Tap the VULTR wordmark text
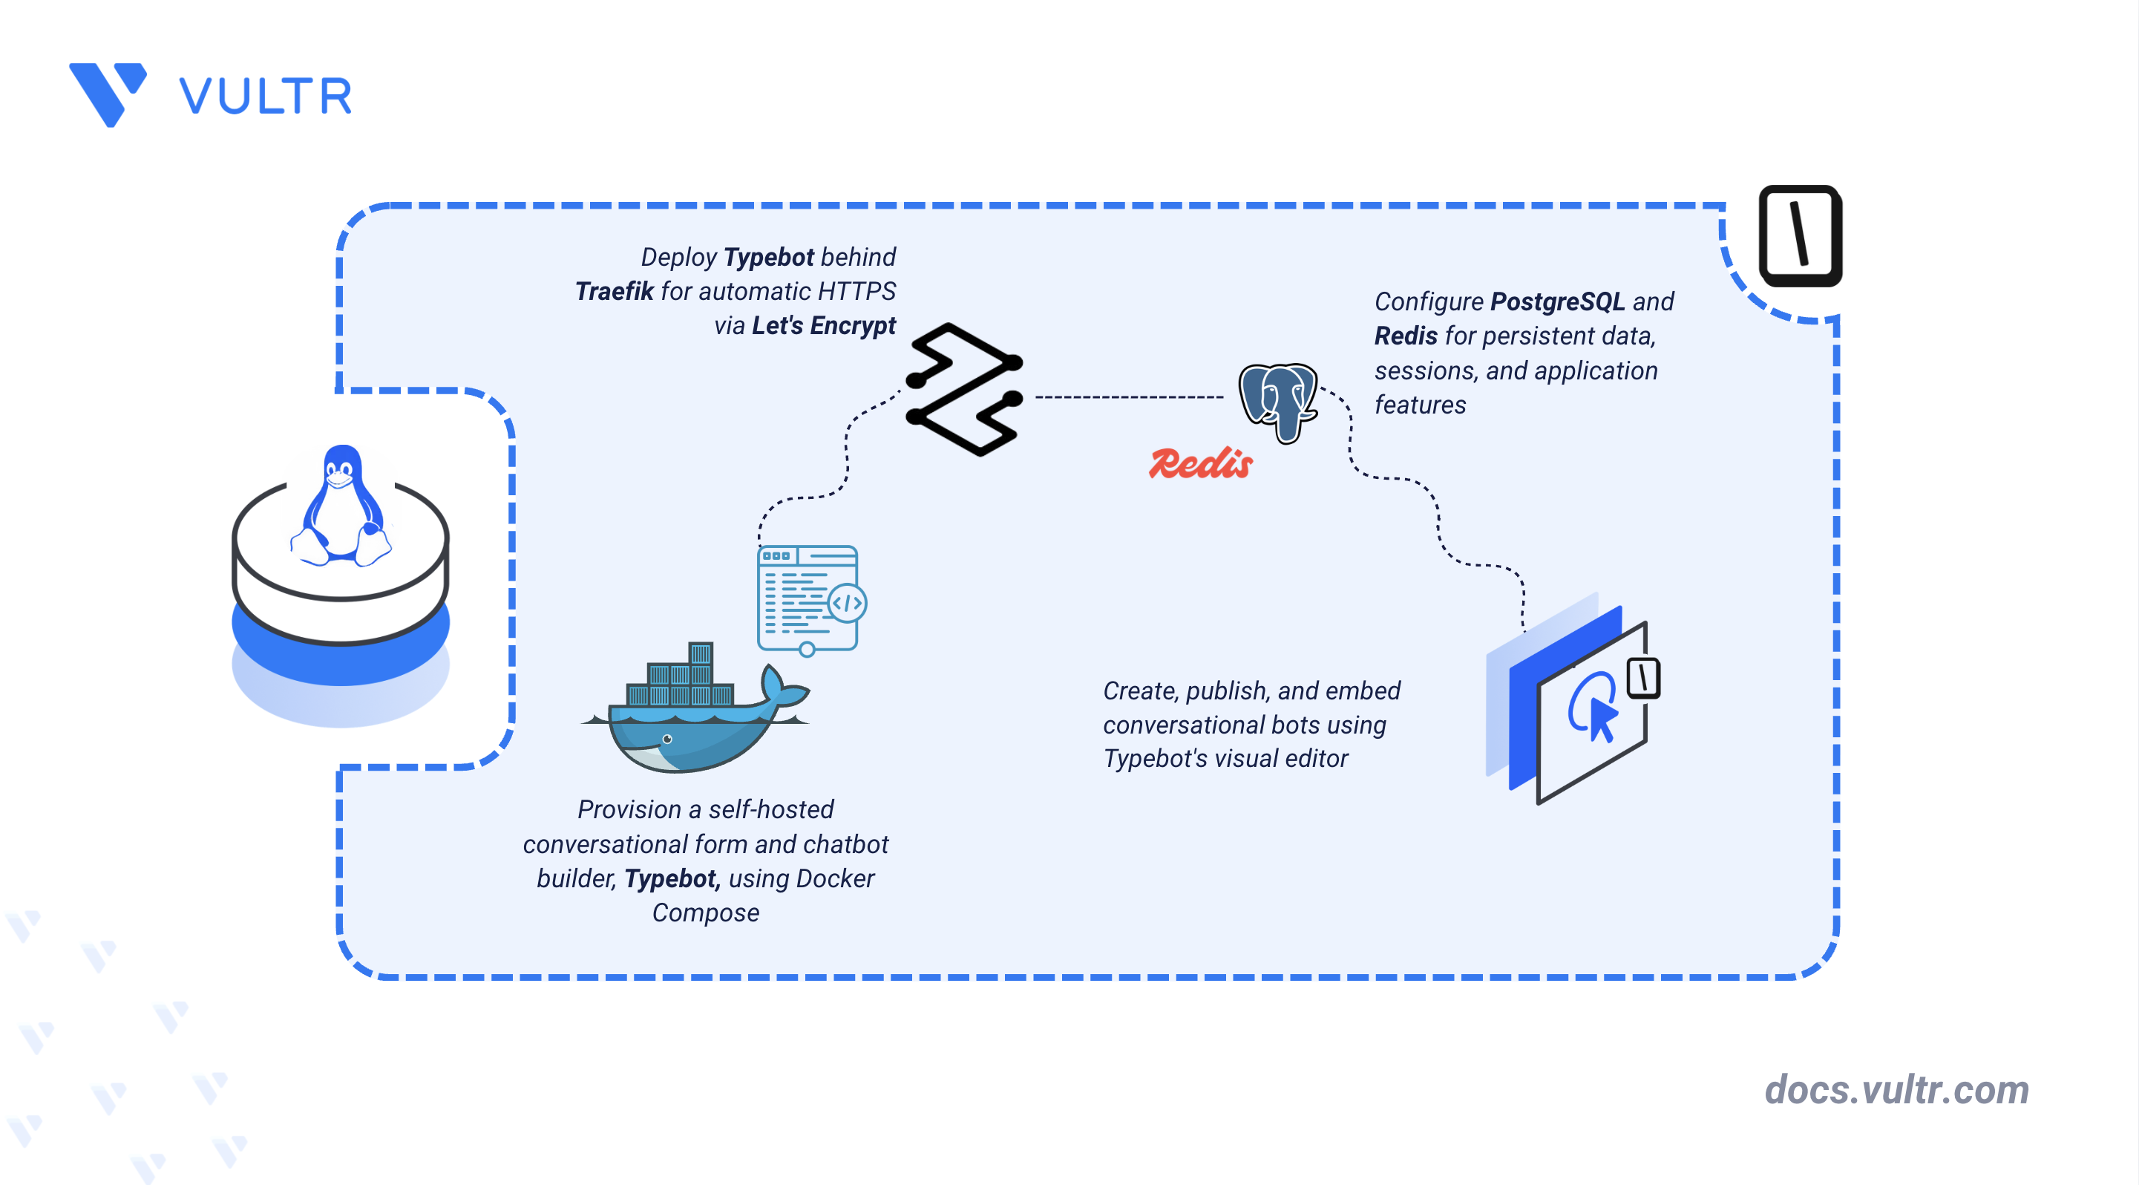pyautogui.click(x=266, y=97)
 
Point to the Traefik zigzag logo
pyautogui.click(x=964, y=390)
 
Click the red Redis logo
pyautogui.click(x=1201, y=463)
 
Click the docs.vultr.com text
pyautogui.click(x=1896, y=1089)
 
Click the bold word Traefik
pyautogui.click(x=615, y=292)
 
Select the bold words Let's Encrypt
pyautogui.click(x=824, y=325)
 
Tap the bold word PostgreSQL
pyautogui.click(x=1558, y=301)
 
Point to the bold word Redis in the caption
pyautogui.click(x=1406, y=336)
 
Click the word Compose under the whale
pyautogui.click(x=706, y=913)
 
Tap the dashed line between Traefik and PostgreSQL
pyautogui.click(x=1130, y=397)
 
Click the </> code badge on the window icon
pyautogui.click(x=847, y=604)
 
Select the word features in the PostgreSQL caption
pyautogui.click(x=1420, y=405)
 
